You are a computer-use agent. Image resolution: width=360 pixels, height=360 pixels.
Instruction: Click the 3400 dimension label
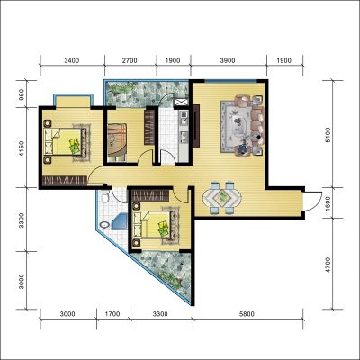72,60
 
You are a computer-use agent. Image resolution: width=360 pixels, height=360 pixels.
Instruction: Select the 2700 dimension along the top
130,60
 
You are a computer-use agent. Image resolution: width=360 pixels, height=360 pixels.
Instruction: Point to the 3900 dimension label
228,60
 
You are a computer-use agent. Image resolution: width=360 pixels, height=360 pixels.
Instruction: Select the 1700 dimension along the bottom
112,314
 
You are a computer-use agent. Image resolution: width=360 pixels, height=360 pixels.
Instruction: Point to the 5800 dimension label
247,314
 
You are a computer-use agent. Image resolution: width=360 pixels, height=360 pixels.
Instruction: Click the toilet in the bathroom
104,196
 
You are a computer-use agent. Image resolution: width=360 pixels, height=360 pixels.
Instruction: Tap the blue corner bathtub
120,221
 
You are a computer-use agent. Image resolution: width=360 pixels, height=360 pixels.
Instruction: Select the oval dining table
222,197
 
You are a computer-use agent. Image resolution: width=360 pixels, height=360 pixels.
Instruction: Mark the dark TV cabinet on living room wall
196,126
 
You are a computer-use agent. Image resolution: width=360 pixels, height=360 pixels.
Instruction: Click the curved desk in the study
118,140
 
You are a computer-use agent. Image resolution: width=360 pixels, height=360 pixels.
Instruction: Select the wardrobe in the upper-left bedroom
65,181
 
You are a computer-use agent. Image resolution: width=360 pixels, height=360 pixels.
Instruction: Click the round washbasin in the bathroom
104,224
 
